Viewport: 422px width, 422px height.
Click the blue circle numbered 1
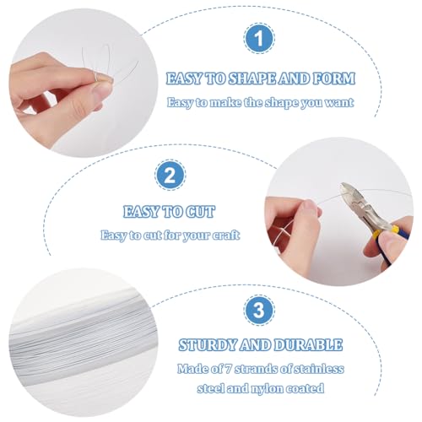[259, 39]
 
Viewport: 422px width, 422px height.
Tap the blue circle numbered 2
[170, 176]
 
